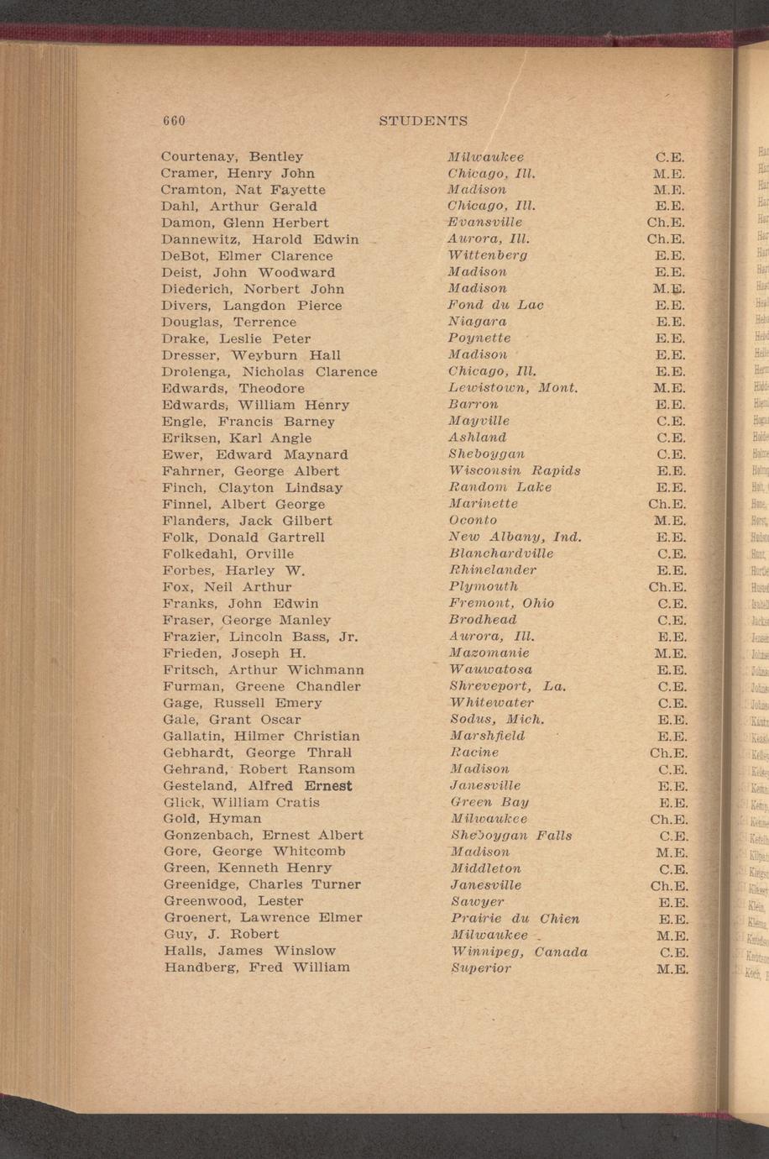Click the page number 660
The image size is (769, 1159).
coord(174,120)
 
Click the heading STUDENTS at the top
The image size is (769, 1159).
coord(423,120)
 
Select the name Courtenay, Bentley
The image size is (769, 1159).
coord(232,157)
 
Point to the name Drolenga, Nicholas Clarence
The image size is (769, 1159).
coord(269,371)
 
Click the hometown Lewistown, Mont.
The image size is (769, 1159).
coord(513,388)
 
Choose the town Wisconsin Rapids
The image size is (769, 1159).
coord(515,470)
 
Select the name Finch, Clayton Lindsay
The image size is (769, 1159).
coord(252,487)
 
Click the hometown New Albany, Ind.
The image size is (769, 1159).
coord(515,537)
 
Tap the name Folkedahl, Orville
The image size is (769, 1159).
coord(228,553)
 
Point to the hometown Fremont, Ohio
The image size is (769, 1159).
coord(501,603)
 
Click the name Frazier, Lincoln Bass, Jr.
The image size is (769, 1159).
coord(260,637)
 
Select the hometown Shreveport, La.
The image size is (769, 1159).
coord(507,686)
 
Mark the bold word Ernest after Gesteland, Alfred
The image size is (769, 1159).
coord(328,786)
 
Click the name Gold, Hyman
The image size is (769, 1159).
coord(212,818)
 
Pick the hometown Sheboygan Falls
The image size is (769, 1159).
coord(510,835)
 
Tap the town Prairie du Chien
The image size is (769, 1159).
coord(515,918)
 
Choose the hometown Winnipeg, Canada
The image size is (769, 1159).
coord(518,952)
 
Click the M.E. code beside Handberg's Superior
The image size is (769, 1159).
coord(672,968)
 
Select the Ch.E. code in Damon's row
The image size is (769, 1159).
coord(667,223)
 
